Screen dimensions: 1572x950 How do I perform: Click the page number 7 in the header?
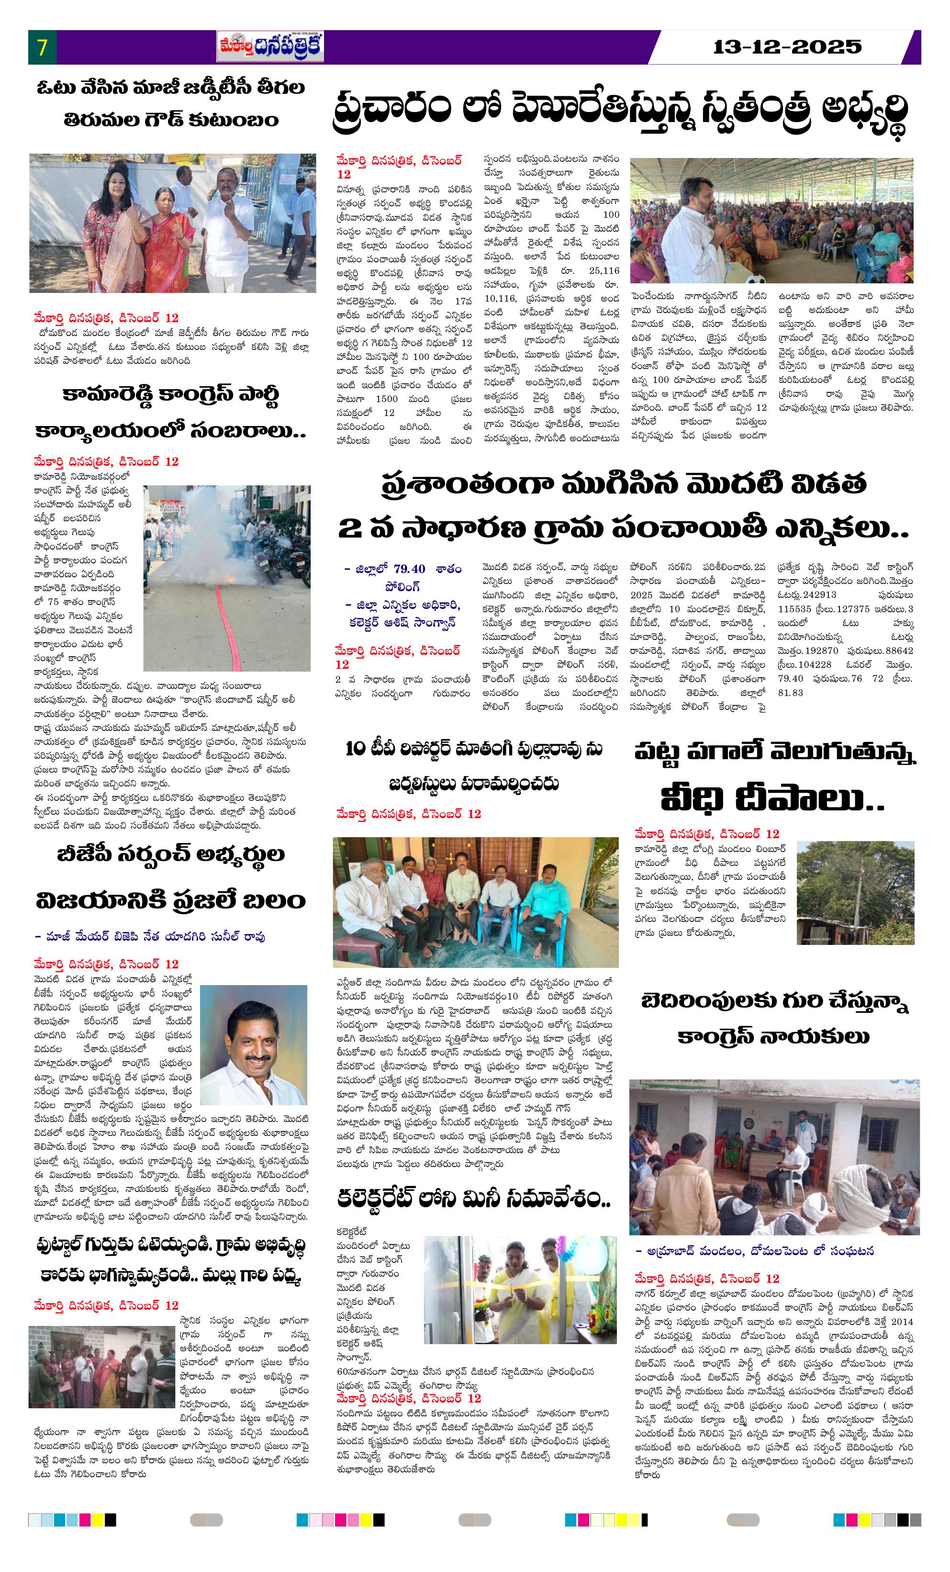tap(42, 48)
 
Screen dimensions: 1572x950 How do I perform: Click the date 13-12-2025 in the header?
tap(787, 46)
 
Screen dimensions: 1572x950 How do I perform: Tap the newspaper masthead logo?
tap(270, 46)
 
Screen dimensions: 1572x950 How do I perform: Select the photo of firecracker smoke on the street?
tap(226, 577)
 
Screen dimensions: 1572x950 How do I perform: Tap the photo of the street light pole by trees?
tap(854, 892)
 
